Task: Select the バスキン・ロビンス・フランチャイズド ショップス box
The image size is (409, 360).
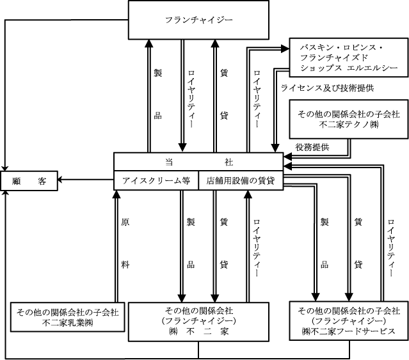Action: click(x=346, y=58)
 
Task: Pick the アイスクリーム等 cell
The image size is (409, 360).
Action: click(x=156, y=180)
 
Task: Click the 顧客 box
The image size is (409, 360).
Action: click(x=29, y=181)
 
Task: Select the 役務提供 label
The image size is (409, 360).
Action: click(x=312, y=148)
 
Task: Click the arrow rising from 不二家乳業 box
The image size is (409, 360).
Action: click(x=116, y=243)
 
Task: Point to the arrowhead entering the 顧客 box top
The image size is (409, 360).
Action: click(x=6, y=168)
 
